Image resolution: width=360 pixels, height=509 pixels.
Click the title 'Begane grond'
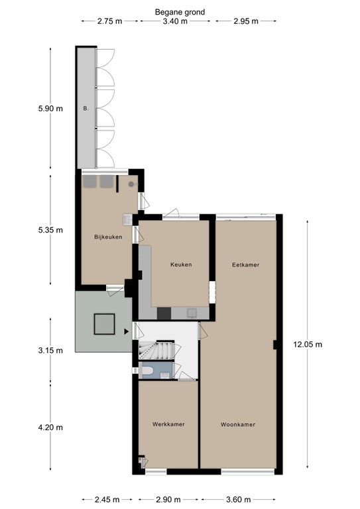[180, 12]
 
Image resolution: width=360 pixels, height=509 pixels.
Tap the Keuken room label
[181, 264]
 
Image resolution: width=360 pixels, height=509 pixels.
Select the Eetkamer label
[245, 264]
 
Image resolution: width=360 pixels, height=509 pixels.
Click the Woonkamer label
[238, 425]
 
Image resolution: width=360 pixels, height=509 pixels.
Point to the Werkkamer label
[168, 425]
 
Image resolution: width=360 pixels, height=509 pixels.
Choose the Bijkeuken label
[108, 237]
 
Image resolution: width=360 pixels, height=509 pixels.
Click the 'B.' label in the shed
[86, 108]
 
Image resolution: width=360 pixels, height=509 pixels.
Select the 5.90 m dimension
[50, 108]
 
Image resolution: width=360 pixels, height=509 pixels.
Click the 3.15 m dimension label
[50, 350]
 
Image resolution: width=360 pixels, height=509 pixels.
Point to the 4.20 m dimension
[50, 427]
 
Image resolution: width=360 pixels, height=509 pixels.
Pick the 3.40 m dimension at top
[175, 22]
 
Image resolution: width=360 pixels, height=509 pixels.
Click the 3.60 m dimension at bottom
[238, 499]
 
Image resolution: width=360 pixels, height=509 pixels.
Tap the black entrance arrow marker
[126, 331]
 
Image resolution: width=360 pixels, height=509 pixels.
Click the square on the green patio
[105, 324]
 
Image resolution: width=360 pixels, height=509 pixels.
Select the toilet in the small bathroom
[149, 370]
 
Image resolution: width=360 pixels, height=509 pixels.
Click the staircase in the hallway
[159, 349]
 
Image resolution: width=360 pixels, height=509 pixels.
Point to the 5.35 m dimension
[50, 231]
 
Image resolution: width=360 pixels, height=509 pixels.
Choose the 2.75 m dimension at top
[109, 22]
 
